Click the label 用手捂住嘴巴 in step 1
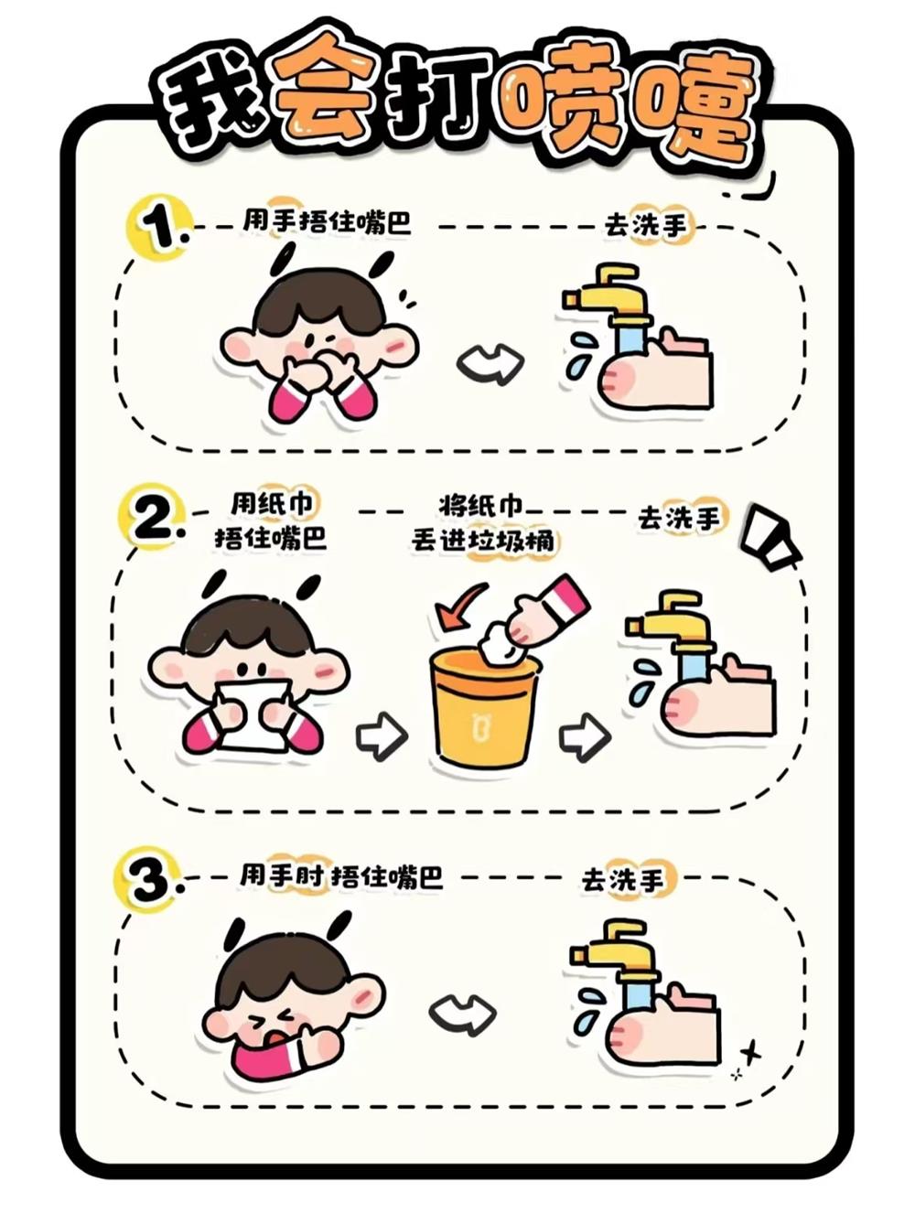coord(327,222)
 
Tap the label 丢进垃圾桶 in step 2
coord(482,541)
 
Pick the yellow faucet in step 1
coord(608,298)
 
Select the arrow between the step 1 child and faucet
coord(490,362)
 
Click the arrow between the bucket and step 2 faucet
coord(585,734)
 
